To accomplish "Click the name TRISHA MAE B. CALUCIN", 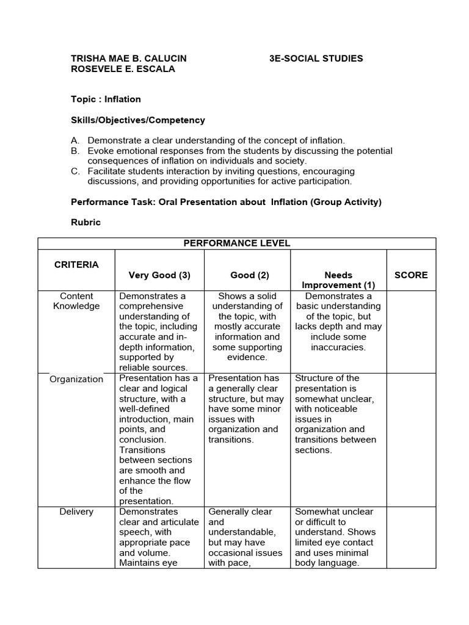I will pyautogui.click(x=129, y=59).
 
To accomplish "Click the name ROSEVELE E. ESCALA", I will pyautogui.click(x=123, y=69).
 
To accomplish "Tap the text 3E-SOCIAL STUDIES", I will pyautogui.click(x=316, y=59).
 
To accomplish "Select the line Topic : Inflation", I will pyautogui.click(x=106, y=99).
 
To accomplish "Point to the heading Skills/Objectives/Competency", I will pyautogui.click(x=138, y=120).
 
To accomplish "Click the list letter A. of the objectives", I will pyautogui.click(x=76, y=140).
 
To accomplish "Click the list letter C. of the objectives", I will pyautogui.click(x=76, y=172).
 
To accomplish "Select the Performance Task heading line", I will pyautogui.click(x=226, y=202).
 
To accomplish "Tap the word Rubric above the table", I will pyautogui.click(x=86, y=222).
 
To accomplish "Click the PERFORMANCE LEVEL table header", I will pyautogui.click(x=237, y=243).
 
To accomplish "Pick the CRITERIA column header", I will pyautogui.click(x=76, y=264).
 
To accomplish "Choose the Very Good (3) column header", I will pyautogui.click(x=159, y=275).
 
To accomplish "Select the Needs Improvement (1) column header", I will pyautogui.click(x=339, y=280).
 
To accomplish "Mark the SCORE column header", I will pyautogui.click(x=411, y=275).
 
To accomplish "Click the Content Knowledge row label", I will pyautogui.click(x=76, y=301).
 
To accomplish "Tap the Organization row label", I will pyautogui.click(x=76, y=379).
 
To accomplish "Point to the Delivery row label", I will pyautogui.click(x=76, y=511).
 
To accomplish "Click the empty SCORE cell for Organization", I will pyautogui.click(x=411, y=439).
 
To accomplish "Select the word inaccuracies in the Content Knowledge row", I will pyautogui.click(x=339, y=347).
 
